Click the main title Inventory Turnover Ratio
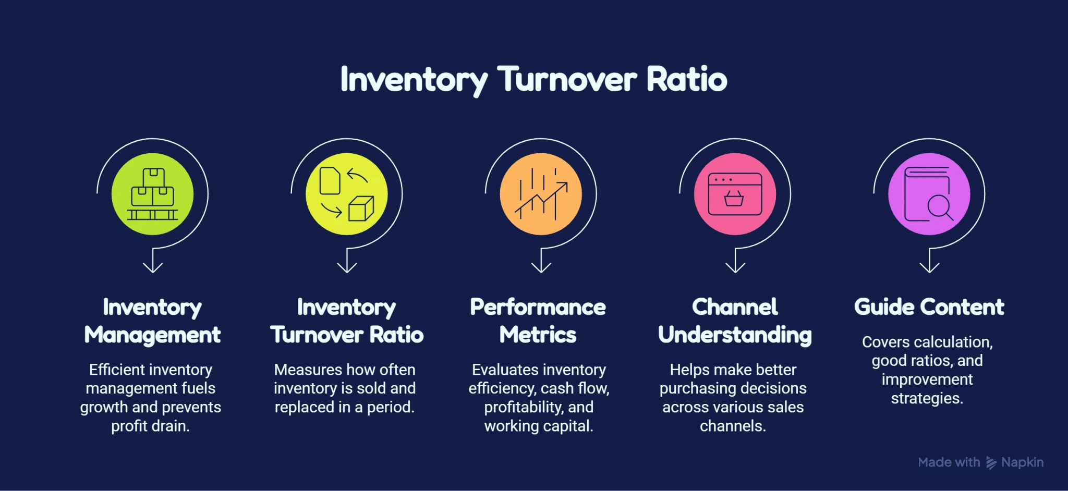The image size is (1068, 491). click(x=533, y=80)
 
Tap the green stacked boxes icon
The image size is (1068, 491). click(x=152, y=194)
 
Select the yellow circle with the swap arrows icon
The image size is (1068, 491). click(x=347, y=194)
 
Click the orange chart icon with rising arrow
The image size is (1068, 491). click(x=541, y=194)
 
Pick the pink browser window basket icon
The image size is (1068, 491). click(x=735, y=194)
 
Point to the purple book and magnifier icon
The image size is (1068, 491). click(x=929, y=194)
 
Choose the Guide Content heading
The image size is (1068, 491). click(x=929, y=307)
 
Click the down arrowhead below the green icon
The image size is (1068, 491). click(x=153, y=267)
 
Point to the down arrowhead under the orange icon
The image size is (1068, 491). click(x=541, y=267)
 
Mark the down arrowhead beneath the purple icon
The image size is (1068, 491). click(x=930, y=267)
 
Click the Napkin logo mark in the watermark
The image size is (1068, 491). click(x=991, y=463)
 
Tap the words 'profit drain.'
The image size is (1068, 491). click(x=150, y=426)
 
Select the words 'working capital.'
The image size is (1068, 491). click(x=539, y=426)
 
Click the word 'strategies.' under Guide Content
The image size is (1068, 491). click(x=927, y=398)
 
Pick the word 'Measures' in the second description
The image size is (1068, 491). click(x=305, y=370)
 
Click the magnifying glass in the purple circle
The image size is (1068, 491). click(x=940, y=207)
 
